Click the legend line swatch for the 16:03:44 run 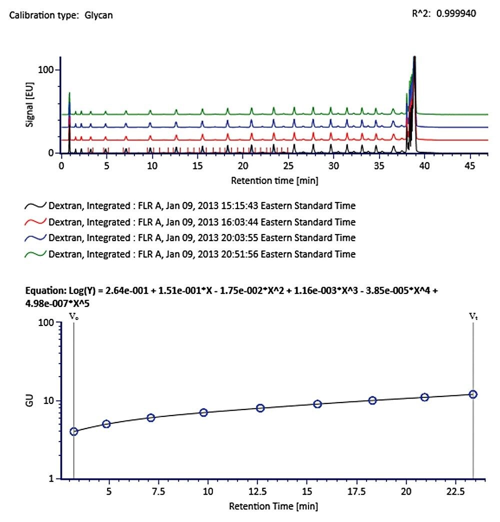tap(35, 222)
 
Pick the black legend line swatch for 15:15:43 tap(35, 206)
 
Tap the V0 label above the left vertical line tap(73, 316)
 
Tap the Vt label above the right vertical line tap(472, 316)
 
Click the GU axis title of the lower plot tap(31, 400)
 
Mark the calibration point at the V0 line tap(74, 431)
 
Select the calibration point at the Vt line tap(472, 394)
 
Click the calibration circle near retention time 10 tap(203, 412)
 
